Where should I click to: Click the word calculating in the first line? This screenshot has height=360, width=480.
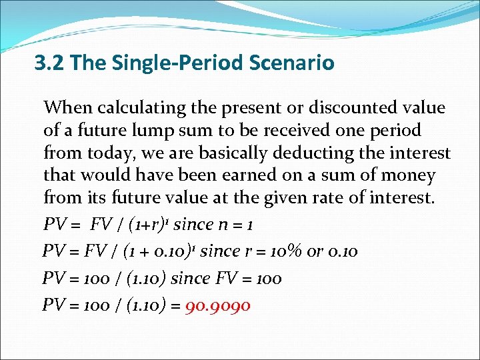pyautogui.click(x=131, y=108)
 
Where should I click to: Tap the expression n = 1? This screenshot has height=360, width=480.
pyautogui.click(x=231, y=225)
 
